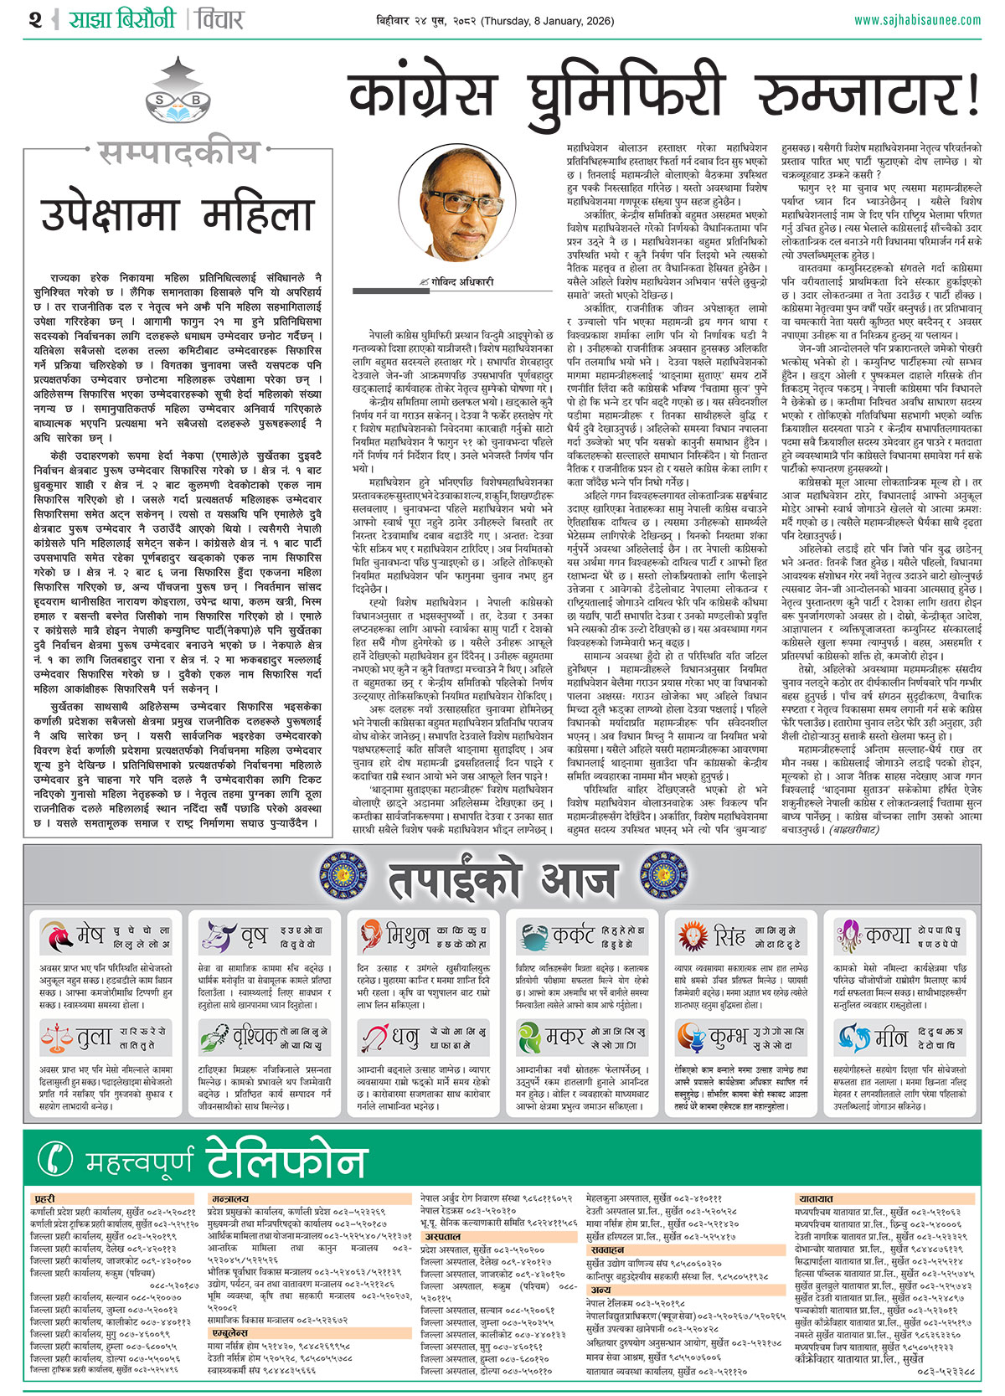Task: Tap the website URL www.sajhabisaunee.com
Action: pos(917,19)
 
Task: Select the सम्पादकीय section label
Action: pos(178,153)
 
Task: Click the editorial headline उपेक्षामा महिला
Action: pos(178,214)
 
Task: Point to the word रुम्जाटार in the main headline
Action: pos(867,95)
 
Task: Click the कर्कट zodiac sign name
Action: pos(572,935)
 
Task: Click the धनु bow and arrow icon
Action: pos(373,1038)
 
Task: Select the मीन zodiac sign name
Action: pos(890,1038)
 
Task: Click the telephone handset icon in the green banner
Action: pos(56,1159)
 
